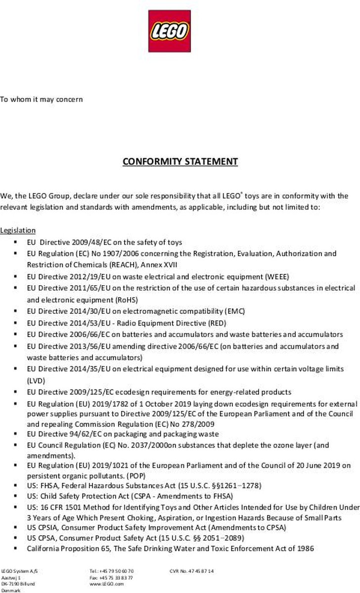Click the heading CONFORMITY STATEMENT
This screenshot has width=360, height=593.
(180, 162)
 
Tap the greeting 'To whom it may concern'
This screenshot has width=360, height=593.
(41, 99)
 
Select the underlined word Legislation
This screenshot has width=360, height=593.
(18, 230)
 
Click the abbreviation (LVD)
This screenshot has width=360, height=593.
(36, 381)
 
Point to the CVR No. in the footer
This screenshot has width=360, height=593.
(191, 571)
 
